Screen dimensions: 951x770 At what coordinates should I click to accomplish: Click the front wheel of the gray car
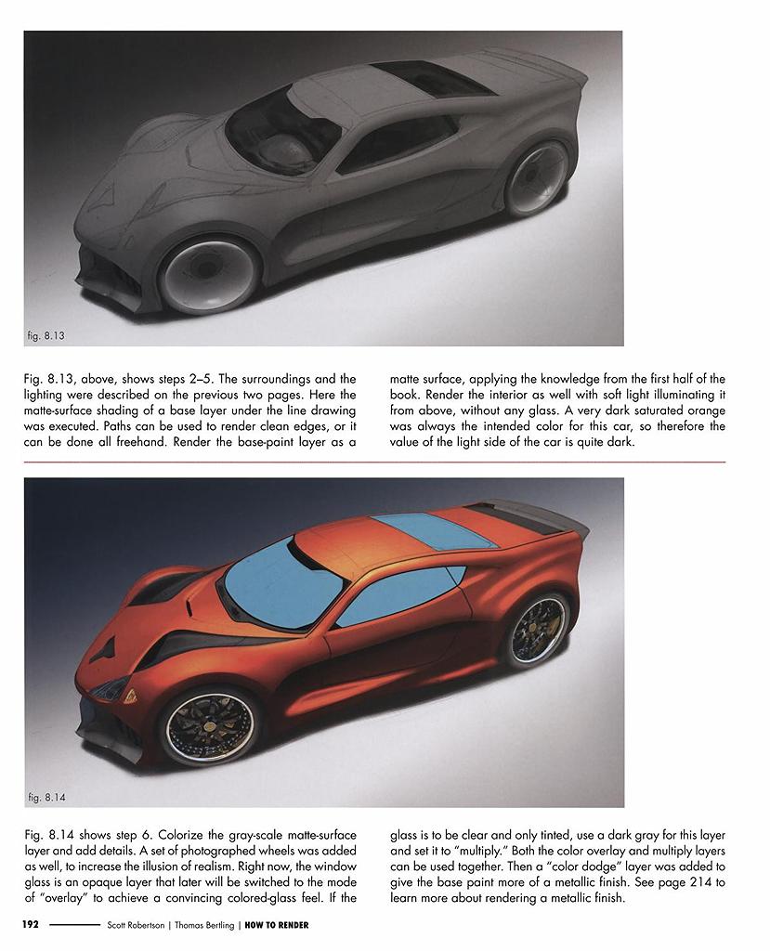208,274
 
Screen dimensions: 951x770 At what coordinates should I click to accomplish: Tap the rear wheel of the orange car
538,630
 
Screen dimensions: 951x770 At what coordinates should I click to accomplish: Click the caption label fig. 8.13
46,334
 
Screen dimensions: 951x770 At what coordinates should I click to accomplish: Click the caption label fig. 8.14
46,796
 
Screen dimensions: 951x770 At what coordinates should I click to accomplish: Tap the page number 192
31,925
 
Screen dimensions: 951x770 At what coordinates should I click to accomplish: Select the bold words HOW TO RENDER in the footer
277,925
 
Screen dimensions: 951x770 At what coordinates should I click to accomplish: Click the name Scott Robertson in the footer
138,925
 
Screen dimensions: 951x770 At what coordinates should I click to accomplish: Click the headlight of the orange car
111,688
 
